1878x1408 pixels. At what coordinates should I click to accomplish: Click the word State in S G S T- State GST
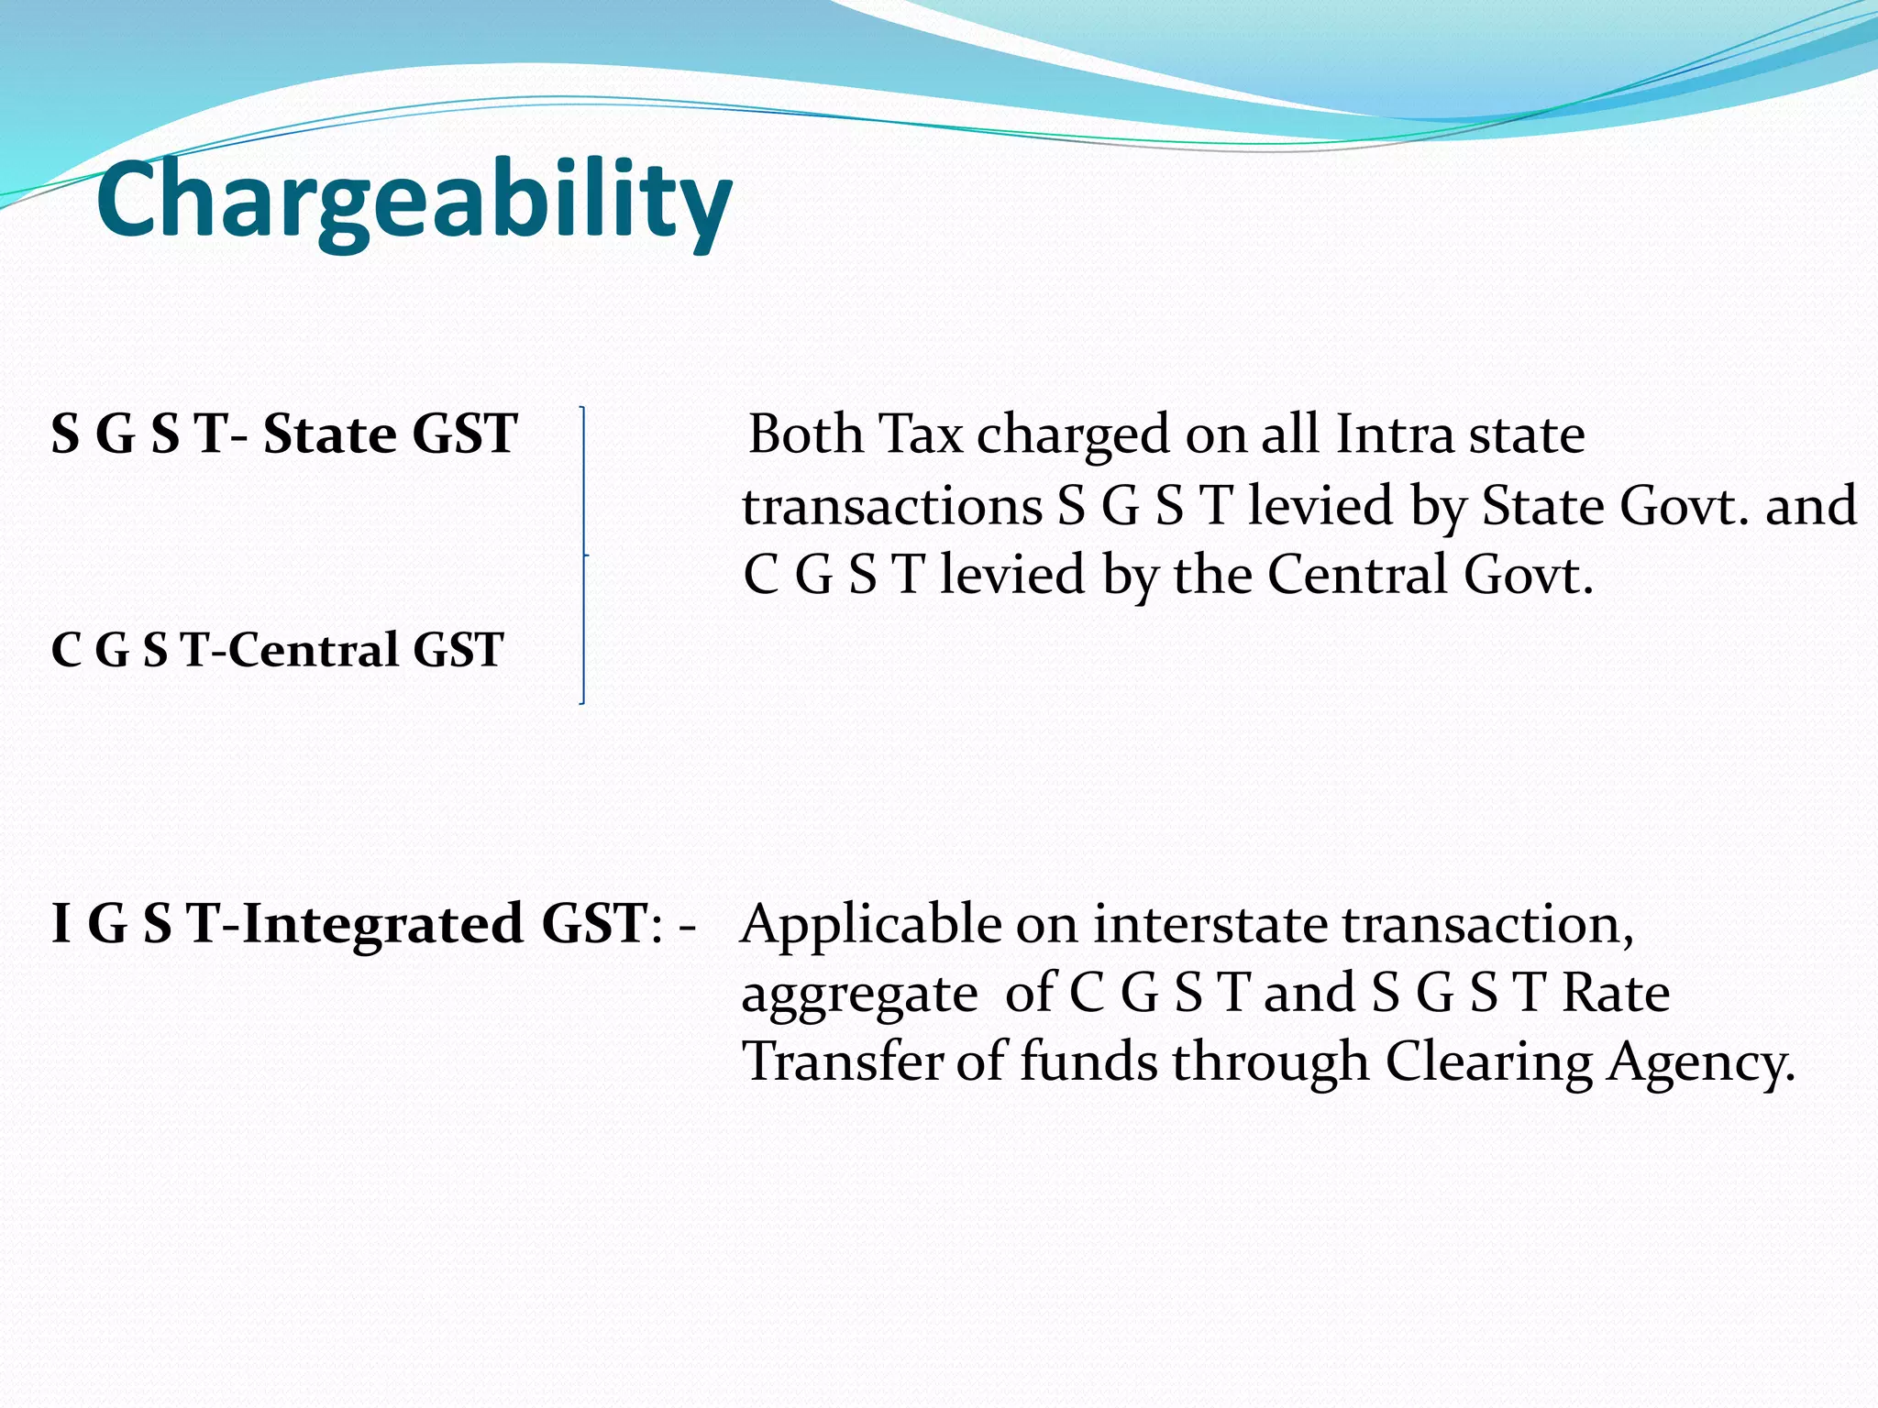pos(329,434)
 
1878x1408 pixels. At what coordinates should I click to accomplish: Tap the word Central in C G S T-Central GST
pos(313,650)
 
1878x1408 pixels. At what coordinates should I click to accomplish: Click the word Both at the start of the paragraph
pos(805,434)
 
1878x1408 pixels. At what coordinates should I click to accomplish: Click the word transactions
pos(891,506)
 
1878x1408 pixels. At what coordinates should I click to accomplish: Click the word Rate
pos(1616,993)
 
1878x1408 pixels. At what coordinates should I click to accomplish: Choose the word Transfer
pos(841,1061)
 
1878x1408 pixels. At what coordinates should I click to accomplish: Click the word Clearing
pos(1488,1063)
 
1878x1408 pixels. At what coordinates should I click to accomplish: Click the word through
pos(1270,1063)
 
